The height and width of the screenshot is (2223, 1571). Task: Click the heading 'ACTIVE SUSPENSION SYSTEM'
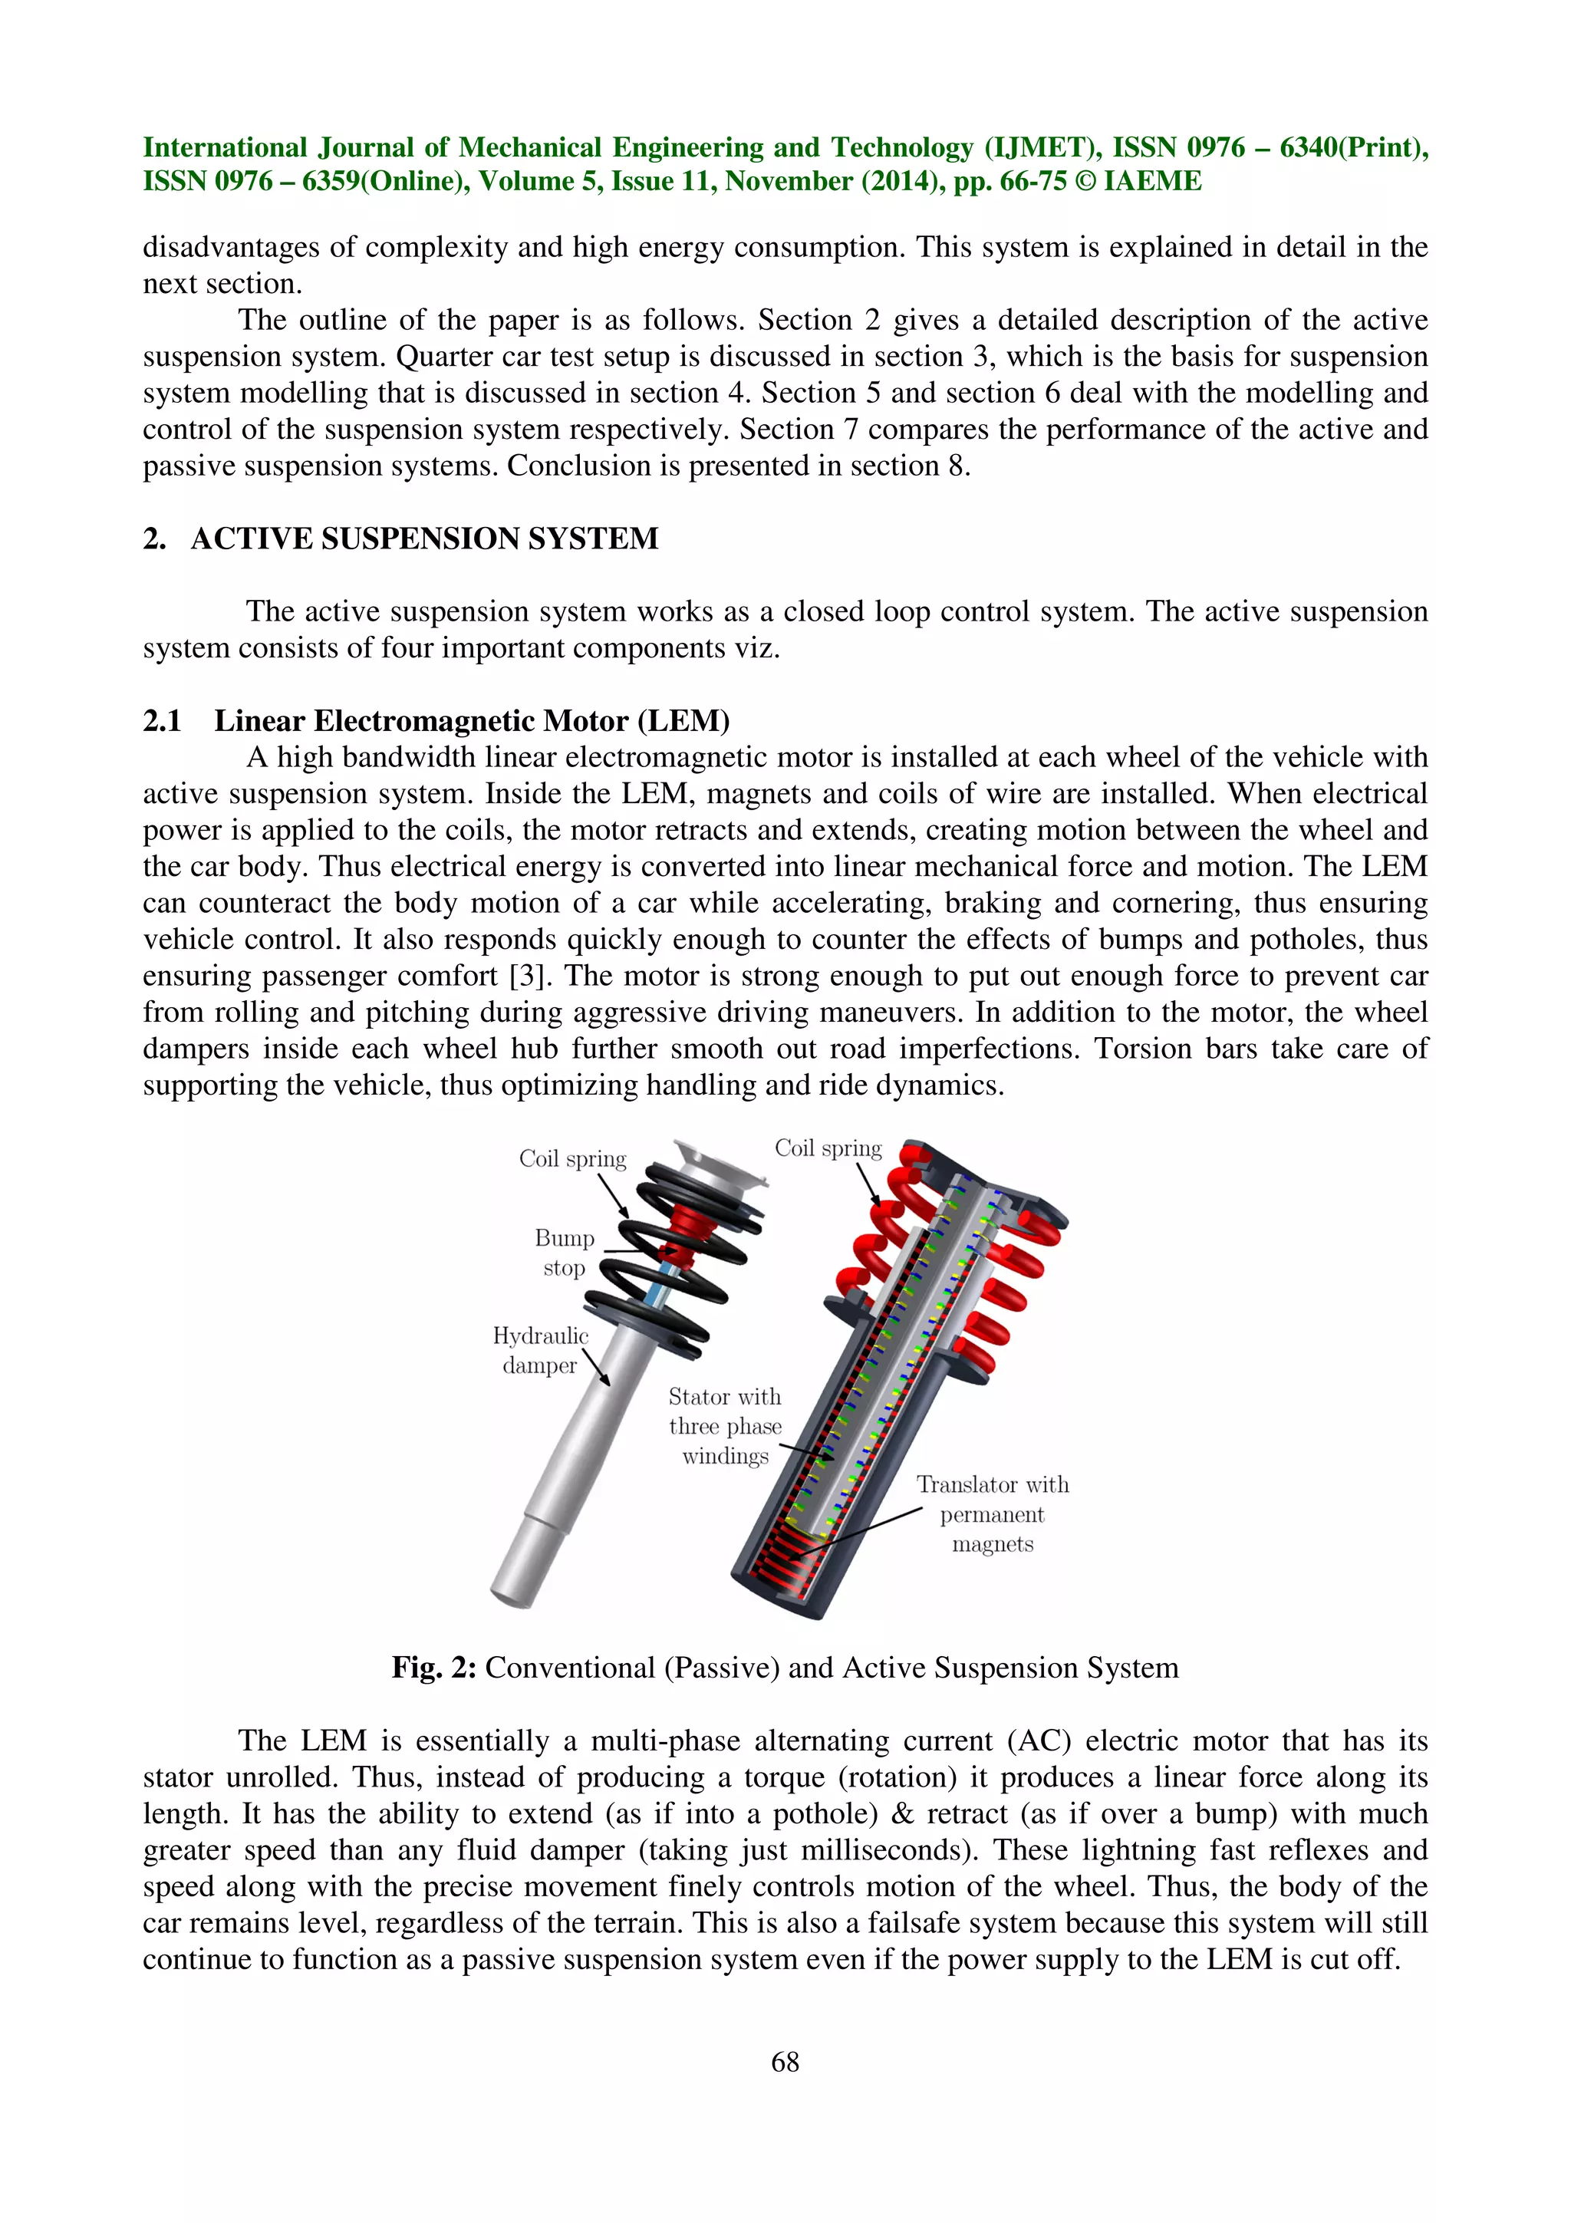point(424,538)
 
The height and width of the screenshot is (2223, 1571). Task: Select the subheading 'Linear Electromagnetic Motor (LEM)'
point(472,720)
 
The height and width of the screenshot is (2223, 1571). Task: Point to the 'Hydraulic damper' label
point(540,1350)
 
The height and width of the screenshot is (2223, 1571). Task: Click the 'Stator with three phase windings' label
point(725,1425)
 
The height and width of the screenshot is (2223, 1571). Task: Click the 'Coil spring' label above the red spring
point(828,1148)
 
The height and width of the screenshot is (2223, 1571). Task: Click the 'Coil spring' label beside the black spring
point(572,1159)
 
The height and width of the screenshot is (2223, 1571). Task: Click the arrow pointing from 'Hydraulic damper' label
point(596,1370)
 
